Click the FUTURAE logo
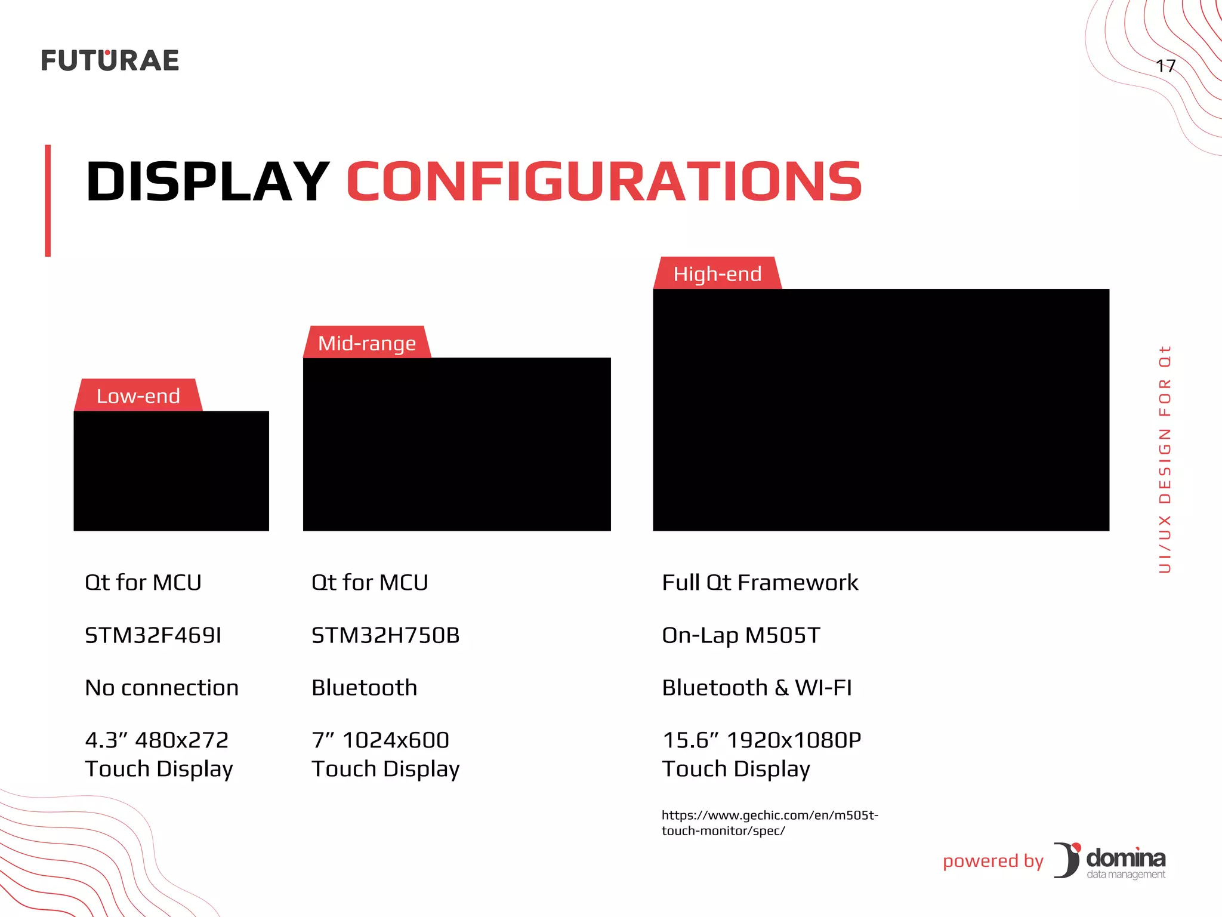[x=110, y=60]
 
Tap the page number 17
[x=1165, y=66]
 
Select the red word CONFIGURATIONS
[x=604, y=181]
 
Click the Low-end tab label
[x=138, y=396]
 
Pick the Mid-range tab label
[x=366, y=343]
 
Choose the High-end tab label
[x=717, y=274]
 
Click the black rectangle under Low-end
[x=171, y=470]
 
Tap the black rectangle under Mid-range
[x=456, y=444]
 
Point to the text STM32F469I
[x=153, y=635]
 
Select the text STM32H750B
[x=385, y=635]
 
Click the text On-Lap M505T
[x=741, y=635]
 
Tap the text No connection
[x=162, y=688]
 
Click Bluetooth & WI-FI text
[x=757, y=688]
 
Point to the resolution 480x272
[x=181, y=740]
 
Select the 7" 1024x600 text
[x=380, y=740]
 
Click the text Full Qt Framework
[x=760, y=583]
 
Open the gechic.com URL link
[x=769, y=823]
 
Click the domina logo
[x=1110, y=860]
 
